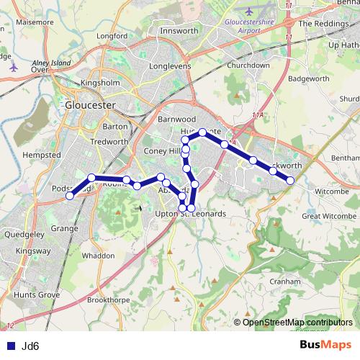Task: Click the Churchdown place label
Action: [x=248, y=65]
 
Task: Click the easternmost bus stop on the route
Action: [x=290, y=181]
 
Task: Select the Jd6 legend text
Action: [x=30, y=346]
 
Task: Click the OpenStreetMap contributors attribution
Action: [x=297, y=323]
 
